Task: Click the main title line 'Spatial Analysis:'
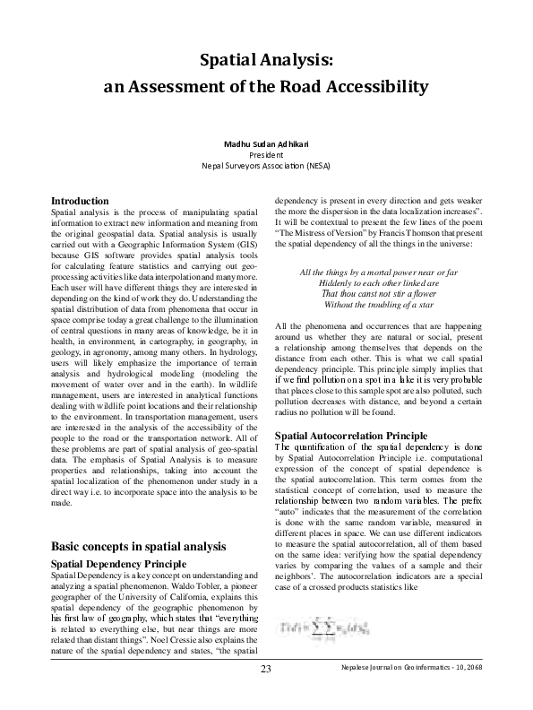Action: click(266, 60)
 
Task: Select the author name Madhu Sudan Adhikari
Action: click(266, 144)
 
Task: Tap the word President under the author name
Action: click(266, 155)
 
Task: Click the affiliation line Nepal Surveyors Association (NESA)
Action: click(266, 166)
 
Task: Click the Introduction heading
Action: click(80, 200)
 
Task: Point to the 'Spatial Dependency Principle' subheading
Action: click(119, 563)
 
